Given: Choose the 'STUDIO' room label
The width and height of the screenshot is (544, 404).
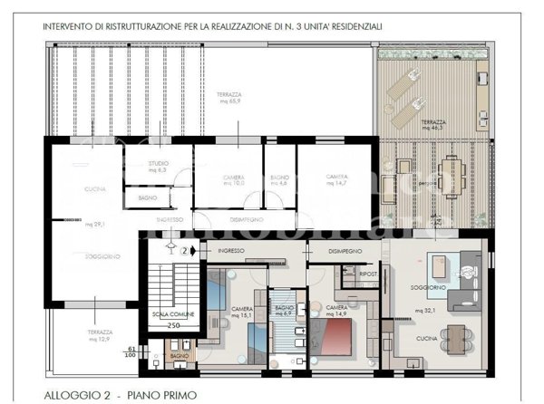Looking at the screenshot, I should (159, 164).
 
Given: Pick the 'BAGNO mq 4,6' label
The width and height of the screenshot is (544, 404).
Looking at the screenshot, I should (279, 179).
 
